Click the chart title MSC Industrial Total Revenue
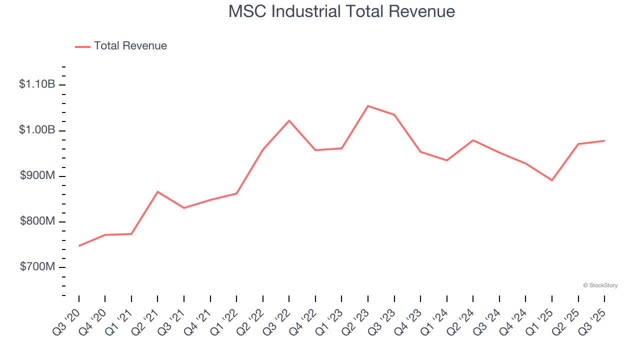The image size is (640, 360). pyautogui.click(x=341, y=11)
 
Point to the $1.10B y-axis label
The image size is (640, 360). pyautogui.click(x=37, y=84)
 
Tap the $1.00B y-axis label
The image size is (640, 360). pyautogui.click(x=37, y=130)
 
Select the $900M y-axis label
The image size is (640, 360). pyautogui.click(x=37, y=176)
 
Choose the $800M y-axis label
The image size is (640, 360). pyautogui.click(x=37, y=221)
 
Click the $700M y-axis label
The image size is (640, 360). pyautogui.click(x=37, y=267)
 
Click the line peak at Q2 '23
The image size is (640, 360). pyautogui.click(x=368, y=106)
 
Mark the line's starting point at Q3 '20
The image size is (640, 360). pyautogui.click(x=79, y=246)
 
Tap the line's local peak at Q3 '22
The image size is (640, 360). pyautogui.click(x=289, y=120)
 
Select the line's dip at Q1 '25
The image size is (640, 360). pyautogui.click(x=552, y=180)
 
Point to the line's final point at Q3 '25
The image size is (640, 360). pyautogui.click(x=604, y=140)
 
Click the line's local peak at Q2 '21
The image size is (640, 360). pyautogui.click(x=157, y=191)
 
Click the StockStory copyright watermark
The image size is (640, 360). pyautogui.click(x=600, y=285)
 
